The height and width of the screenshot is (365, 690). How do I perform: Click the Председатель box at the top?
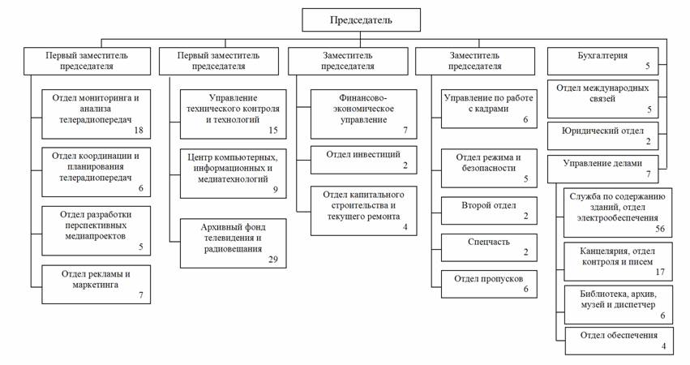[361, 19]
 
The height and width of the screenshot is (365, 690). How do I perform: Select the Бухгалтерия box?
[602, 61]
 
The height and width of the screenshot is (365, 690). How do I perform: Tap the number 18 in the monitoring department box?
[138, 130]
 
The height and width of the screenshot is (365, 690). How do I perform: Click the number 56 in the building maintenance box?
[660, 229]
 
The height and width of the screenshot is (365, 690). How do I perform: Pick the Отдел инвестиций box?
[363, 160]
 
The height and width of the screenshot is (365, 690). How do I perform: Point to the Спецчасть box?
[489, 247]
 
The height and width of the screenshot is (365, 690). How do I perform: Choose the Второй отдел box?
[489, 210]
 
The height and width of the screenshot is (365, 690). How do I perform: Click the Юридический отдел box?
[602, 136]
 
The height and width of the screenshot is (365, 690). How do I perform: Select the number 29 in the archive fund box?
[272, 260]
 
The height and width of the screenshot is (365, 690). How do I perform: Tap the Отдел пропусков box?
[489, 285]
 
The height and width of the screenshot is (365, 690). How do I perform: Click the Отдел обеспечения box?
[619, 341]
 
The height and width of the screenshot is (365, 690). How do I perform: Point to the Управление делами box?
[602, 169]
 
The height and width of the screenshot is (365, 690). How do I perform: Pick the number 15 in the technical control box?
[272, 130]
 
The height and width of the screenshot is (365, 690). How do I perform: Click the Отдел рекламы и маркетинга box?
[96, 285]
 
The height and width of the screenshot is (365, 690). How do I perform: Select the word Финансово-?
[362, 98]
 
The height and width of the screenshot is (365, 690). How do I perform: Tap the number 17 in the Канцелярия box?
[660, 272]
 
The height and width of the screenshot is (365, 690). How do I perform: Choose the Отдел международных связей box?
[602, 99]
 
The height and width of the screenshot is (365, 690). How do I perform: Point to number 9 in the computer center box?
[275, 190]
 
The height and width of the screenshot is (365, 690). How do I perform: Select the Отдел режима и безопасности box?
[489, 168]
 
